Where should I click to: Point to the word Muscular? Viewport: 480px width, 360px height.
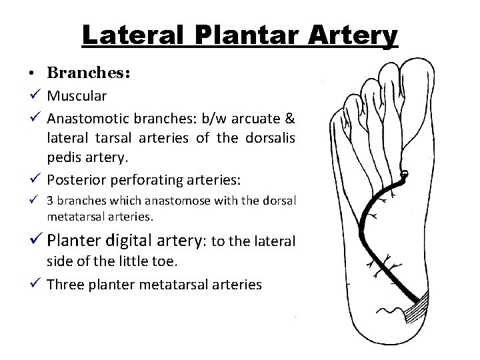pyautogui.click(x=77, y=95)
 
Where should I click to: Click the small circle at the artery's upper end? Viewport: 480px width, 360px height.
pyautogui.click(x=405, y=175)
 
